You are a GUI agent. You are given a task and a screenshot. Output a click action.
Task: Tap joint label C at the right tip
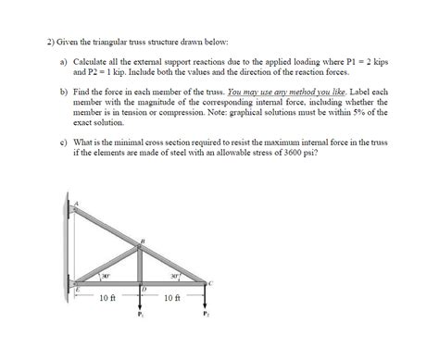click(212, 282)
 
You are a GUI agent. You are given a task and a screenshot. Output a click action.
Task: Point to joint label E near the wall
click(78, 290)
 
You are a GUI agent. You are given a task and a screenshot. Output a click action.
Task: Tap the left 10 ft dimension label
click(107, 298)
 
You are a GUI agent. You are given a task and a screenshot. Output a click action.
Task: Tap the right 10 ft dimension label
click(172, 298)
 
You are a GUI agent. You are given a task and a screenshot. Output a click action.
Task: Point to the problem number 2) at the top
click(50, 43)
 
